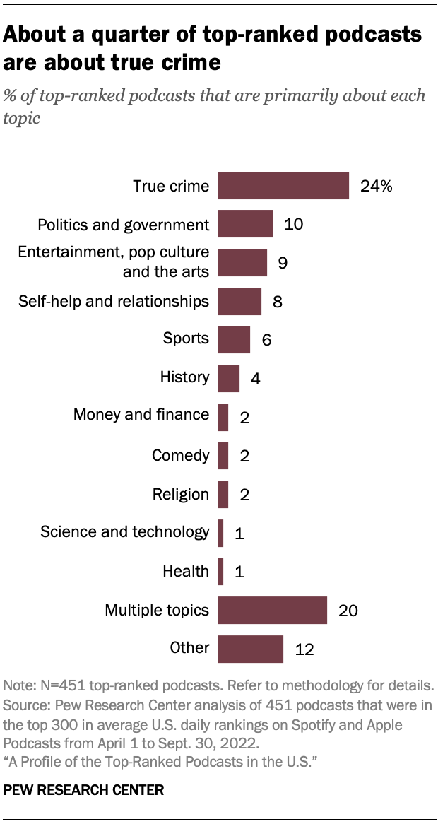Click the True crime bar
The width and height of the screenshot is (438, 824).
click(x=283, y=186)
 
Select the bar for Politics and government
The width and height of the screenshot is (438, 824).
click(x=244, y=224)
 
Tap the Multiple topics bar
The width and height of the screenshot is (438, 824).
click(x=272, y=610)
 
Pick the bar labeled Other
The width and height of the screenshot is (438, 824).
click(x=250, y=649)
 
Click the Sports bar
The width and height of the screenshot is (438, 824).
click(x=233, y=339)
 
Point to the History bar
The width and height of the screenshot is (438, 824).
click(x=228, y=378)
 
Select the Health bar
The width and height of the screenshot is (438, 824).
click(x=220, y=571)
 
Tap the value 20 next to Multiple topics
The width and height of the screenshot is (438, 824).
click(x=347, y=611)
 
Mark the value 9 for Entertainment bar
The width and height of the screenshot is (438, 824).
click(x=282, y=263)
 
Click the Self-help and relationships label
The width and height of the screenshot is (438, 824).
click(x=113, y=302)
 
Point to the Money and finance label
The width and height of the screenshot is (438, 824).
click(x=141, y=414)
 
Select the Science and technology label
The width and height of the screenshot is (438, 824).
click(x=125, y=531)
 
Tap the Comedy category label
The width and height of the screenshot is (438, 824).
click(x=181, y=455)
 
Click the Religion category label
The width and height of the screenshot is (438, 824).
click(x=181, y=494)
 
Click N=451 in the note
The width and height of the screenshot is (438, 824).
click(x=54, y=686)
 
